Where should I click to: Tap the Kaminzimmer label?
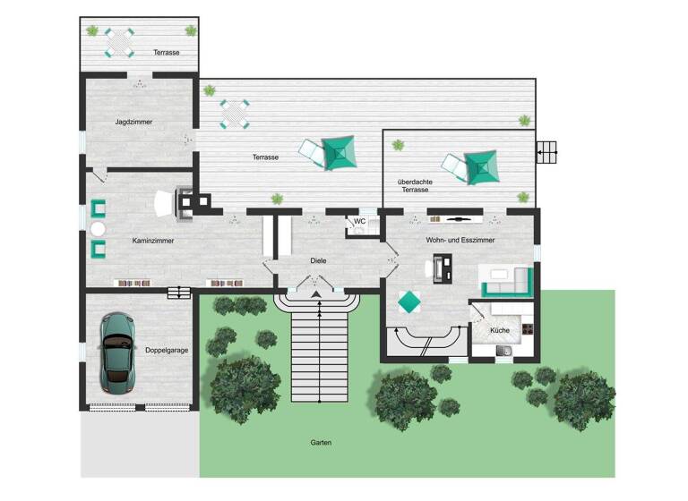(152, 242)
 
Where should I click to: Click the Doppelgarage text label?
(167, 350)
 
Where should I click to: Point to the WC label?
(360, 221)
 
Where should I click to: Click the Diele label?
(318, 260)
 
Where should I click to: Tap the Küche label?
(500, 331)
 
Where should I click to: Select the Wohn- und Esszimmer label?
(461, 240)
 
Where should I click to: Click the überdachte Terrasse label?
(415, 185)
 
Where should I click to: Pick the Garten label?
(322, 443)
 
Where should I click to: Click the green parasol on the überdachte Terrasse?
(480, 165)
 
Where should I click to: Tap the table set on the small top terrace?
(119, 41)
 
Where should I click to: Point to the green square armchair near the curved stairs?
(408, 301)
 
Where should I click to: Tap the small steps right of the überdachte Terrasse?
(548, 153)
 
